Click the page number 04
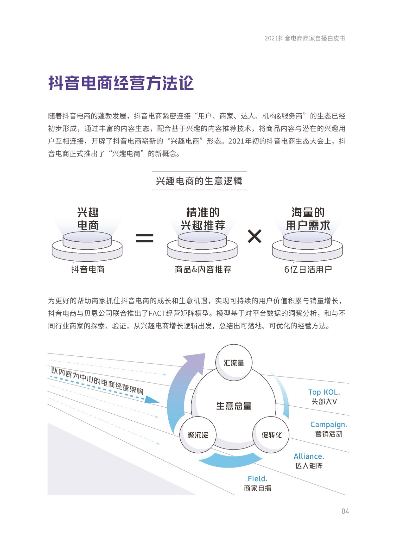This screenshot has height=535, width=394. (345, 511)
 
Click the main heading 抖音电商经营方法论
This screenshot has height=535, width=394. (121, 83)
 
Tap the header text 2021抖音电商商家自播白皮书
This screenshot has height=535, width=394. (305, 38)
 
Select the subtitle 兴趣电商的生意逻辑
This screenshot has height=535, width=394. (199, 181)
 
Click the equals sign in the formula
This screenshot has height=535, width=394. (144, 238)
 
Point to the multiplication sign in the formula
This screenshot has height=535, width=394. (255, 236)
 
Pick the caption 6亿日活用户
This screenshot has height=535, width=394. (308, 270)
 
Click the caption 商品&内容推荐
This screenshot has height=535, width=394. (203, 270)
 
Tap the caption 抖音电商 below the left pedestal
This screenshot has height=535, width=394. (88, 270)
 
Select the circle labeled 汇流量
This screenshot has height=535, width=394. (234, 362)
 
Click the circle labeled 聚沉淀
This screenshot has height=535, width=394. (198, 435)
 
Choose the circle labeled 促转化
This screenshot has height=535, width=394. (271, 435)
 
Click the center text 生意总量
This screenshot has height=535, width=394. (234, 406)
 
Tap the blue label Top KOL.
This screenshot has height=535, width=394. (324, 392)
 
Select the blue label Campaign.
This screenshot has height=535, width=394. (328, 425)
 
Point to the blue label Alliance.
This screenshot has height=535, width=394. (309, 456)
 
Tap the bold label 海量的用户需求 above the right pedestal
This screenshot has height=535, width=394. (308, 219)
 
